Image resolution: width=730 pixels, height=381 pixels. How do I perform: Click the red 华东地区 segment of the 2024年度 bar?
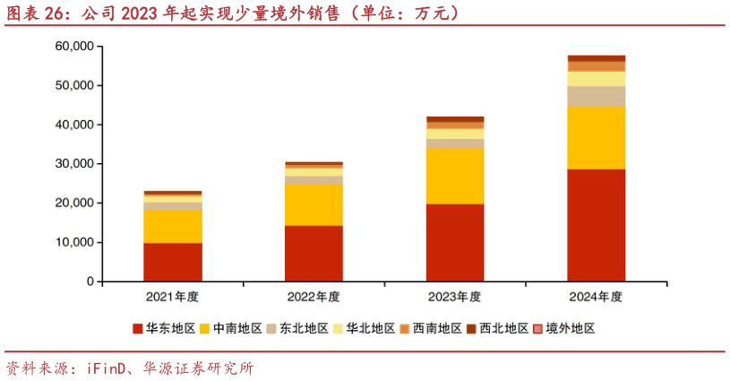pos(597,225)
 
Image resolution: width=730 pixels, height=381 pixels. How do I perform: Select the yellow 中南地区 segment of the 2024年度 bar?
pos(597,137)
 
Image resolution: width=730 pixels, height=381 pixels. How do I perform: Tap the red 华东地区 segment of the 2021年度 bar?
pos(173,262)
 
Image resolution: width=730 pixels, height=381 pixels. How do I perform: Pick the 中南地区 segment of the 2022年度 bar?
pos(313,204)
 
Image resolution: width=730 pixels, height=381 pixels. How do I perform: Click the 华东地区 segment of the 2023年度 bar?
pos(455,242)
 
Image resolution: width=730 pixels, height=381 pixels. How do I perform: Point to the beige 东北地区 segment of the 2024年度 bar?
pos(597,96)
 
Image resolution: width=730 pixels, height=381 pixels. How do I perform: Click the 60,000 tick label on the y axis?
pos(73,46)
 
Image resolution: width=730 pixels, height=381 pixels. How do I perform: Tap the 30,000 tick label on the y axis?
pos(73,164)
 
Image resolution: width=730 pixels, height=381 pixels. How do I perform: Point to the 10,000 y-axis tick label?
pos(73,242)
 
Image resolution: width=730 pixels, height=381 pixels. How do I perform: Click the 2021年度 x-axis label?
pos(173,297)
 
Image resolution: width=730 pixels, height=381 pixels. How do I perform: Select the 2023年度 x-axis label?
pos(455,297)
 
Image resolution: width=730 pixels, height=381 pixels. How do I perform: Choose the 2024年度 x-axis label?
pos(597,297)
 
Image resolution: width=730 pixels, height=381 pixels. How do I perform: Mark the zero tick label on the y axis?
pos(90,281)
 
